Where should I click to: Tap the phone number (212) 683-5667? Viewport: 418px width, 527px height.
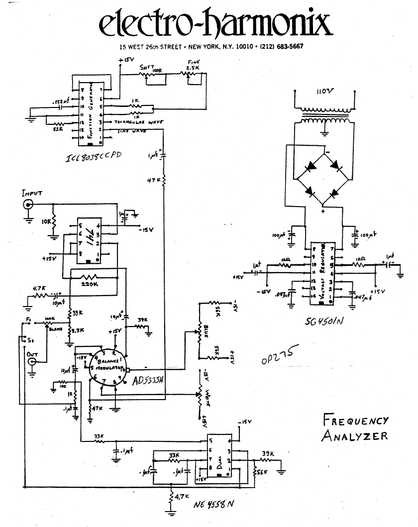(279, 47)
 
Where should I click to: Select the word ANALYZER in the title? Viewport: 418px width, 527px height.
(354, 436)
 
